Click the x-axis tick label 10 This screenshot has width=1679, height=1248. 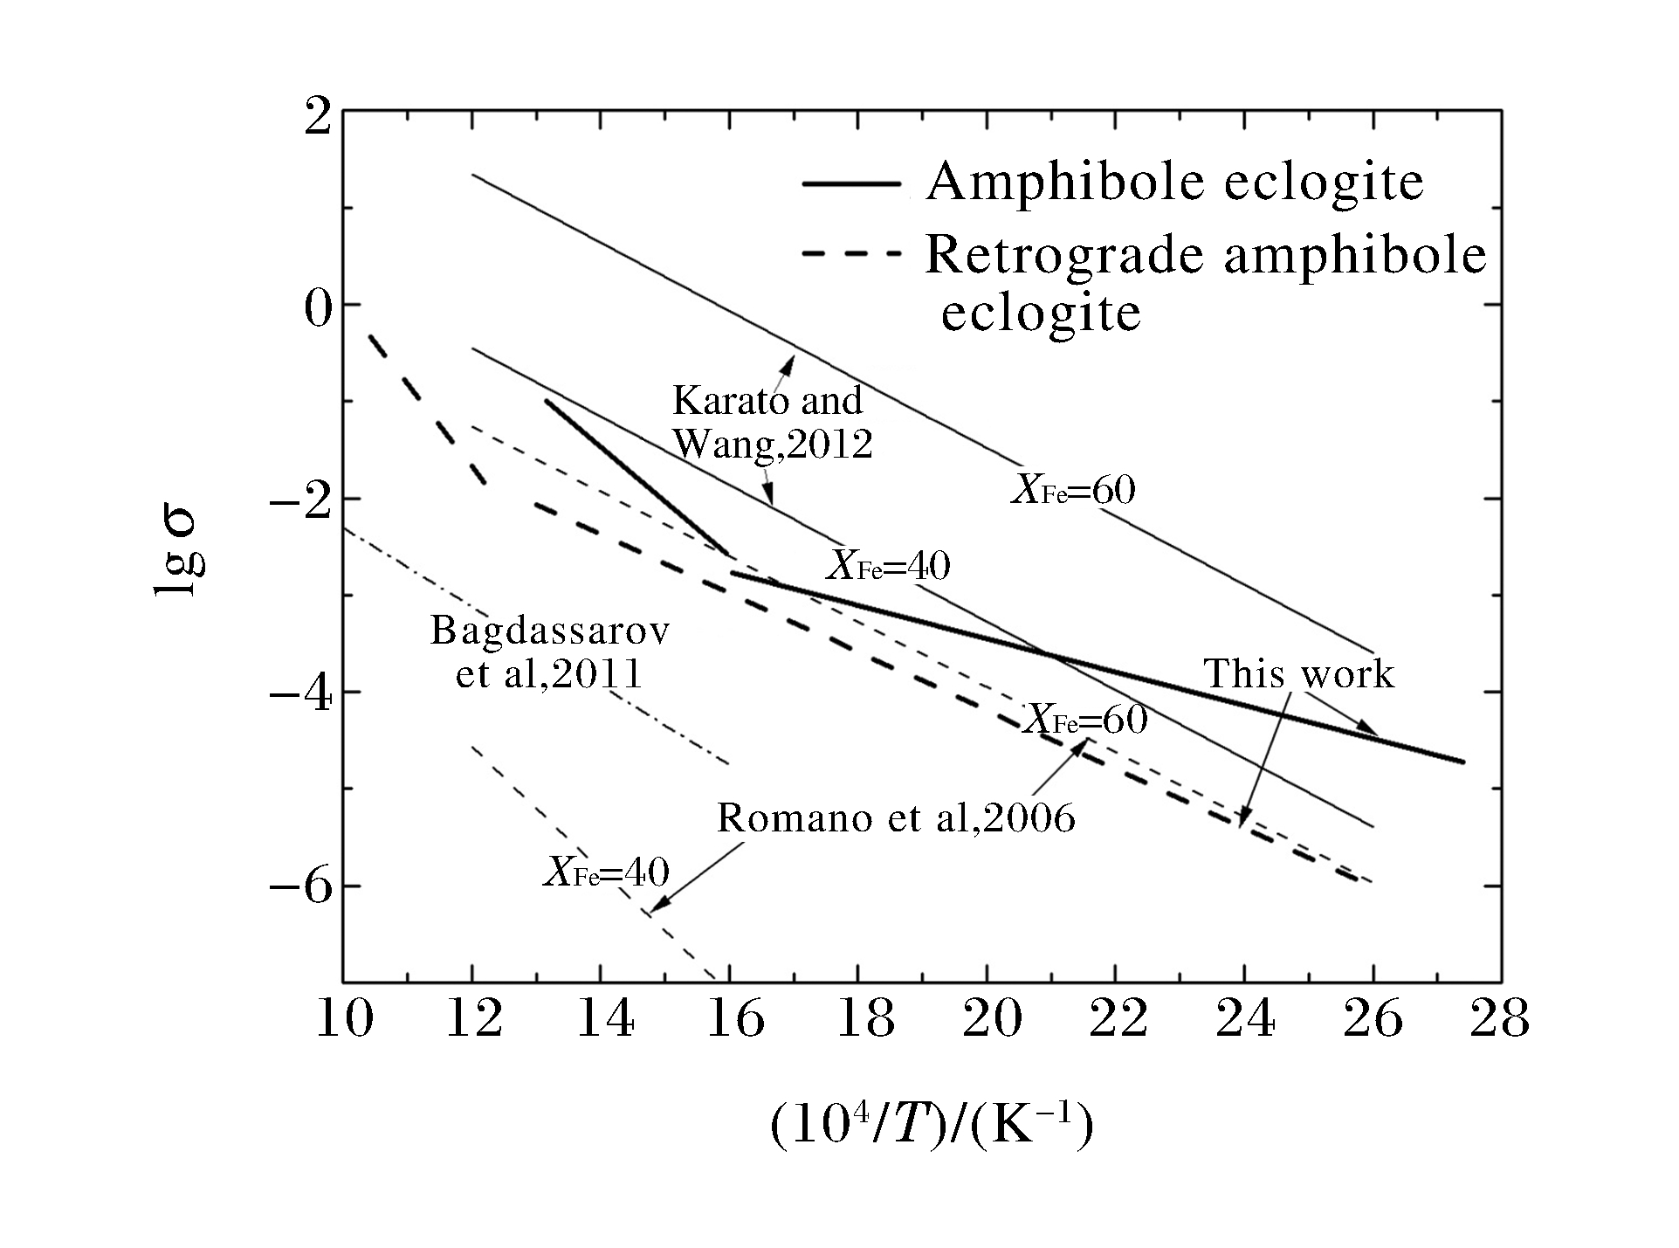point(345,1019)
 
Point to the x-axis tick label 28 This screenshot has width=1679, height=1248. point(1499,1019)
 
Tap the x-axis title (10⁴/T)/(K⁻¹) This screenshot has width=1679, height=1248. point(931,1127)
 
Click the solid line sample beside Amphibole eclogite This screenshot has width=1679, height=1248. point(850,183)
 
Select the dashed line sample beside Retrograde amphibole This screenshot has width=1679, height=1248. point(850,255)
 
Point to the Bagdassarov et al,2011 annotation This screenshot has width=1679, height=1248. point(550,652)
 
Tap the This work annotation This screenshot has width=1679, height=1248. point(1298,674)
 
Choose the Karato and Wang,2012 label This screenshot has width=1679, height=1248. point(769,423)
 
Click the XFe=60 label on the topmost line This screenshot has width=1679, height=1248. point(1073,490)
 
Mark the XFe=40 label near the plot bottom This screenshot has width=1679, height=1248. point(607,872)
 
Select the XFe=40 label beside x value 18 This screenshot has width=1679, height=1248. point(888,566)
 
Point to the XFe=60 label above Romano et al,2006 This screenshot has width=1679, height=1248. point(1085,721)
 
